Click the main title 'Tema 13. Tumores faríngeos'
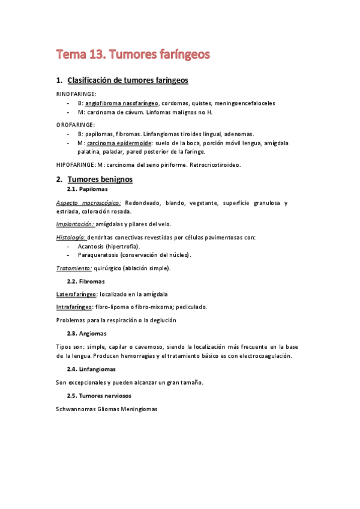click(x=133, y=55)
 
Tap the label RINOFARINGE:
click(x=76, y=94)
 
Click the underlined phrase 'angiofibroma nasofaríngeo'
click(x=122, y=103)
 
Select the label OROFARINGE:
click(x=76, y=125)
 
